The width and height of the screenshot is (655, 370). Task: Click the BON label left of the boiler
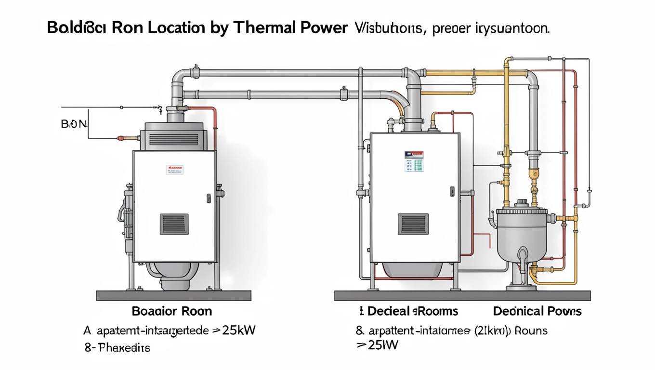[x=74, y=124]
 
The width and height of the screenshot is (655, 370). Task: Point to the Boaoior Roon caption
[x=171, y=311]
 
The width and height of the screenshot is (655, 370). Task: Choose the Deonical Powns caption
[x=537, y=311]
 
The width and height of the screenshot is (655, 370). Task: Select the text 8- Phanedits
[x=118, y=347]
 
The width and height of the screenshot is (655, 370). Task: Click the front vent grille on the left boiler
[x=174, y=224]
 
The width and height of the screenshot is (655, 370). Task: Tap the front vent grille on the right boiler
[x=413, y=224]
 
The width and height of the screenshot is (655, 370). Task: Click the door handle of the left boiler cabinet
[x=209, y=198]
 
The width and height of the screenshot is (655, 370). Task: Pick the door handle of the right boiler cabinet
[x=452, y=191]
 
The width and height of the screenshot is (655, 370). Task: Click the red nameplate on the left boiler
[x=174, y=170]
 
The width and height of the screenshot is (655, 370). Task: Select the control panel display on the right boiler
[x=413, y=161]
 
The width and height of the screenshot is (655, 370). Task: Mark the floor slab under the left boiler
[x=173, y=295]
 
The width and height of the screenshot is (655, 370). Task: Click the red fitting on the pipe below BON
[x=120, y=138]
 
